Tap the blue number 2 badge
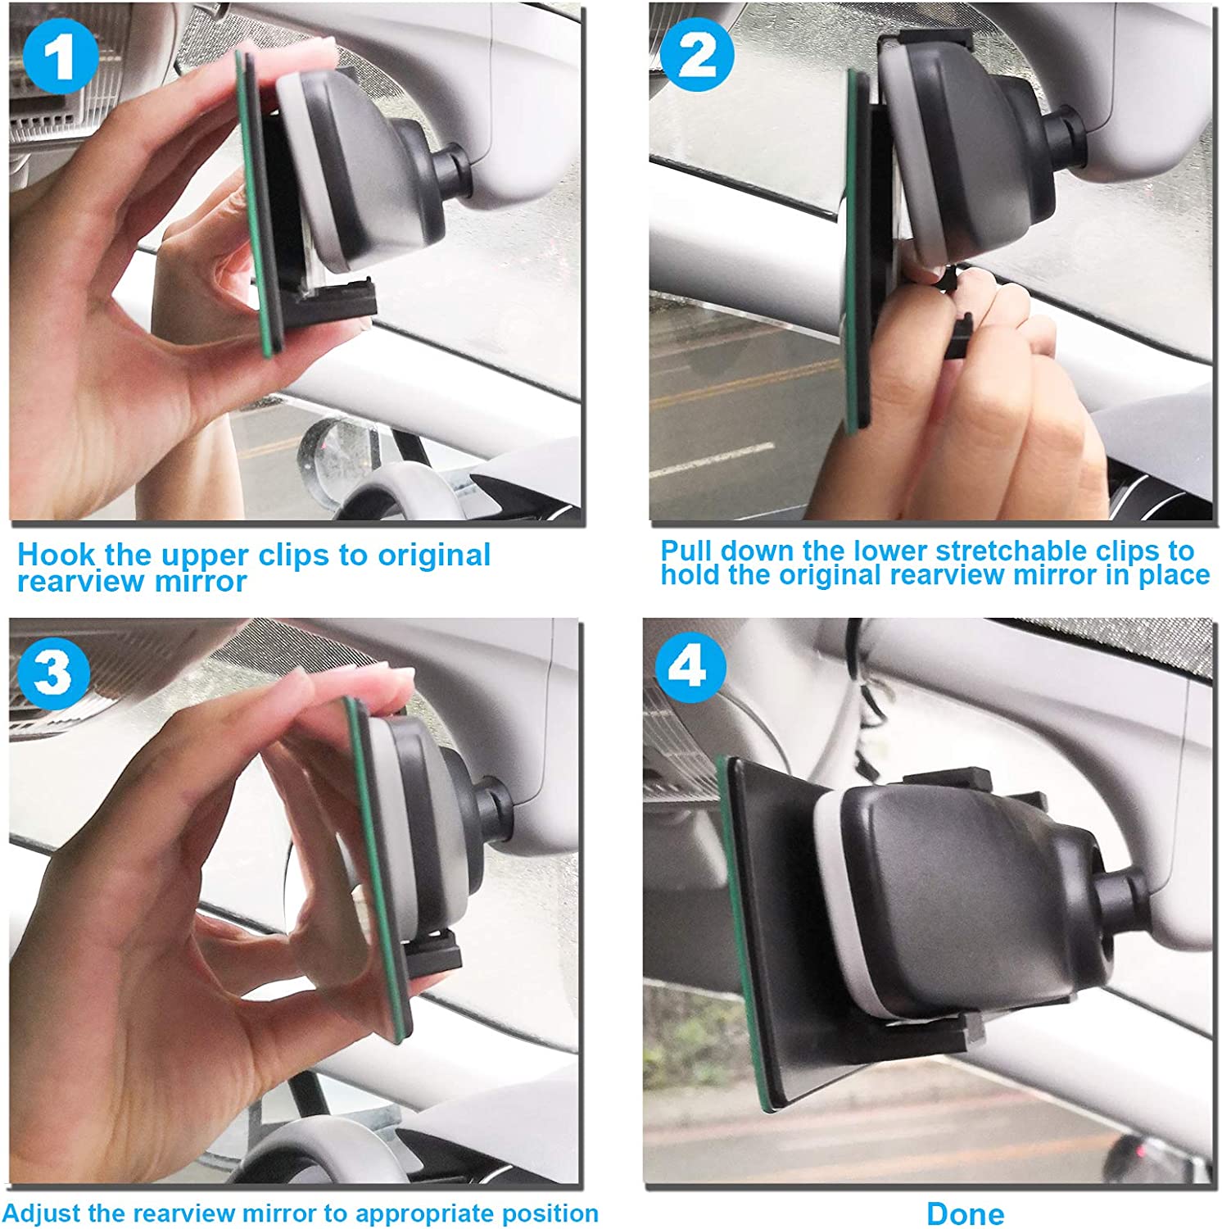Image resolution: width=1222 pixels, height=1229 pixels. point(697,55)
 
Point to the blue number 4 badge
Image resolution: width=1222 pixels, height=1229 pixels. point(690,668)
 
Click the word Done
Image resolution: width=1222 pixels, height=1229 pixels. point(966,1213)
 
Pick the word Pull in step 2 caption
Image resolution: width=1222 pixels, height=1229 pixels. point(686,550)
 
